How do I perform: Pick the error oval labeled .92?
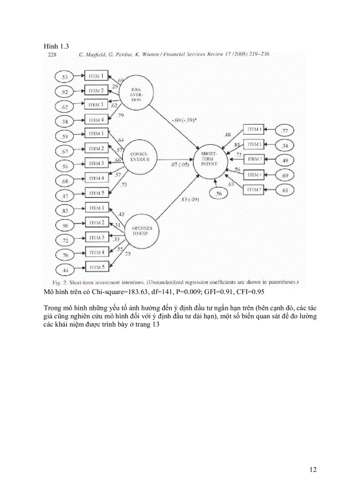click(x=65, y=92)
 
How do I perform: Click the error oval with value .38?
click(x=65, y=121)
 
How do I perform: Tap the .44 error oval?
click(x=65, y=269)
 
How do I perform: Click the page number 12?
click(x=313, y=470)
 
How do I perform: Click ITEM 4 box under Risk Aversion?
click(x=95, y=119)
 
